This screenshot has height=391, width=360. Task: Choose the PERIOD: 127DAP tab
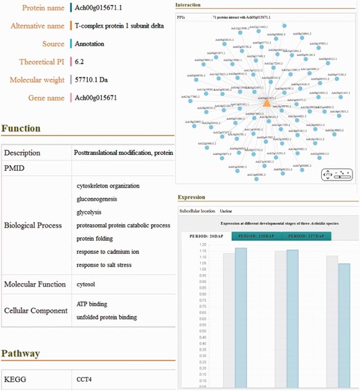[x=309, y=236]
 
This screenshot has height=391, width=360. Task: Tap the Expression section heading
[x=192, y=197]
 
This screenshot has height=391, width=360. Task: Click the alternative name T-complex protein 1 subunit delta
[x=119, y=26]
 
